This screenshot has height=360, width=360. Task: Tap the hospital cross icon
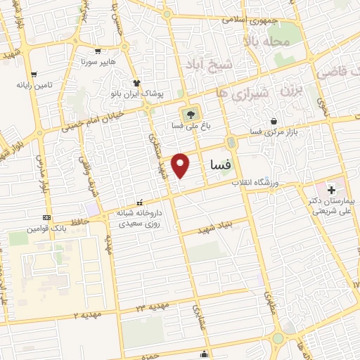click(x=331, y=191)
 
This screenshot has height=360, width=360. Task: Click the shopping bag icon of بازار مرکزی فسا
click(x=283, y=122)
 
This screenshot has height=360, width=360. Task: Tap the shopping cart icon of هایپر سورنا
click(x=98, y=51)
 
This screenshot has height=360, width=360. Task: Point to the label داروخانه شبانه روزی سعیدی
click(x=141, y=217)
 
